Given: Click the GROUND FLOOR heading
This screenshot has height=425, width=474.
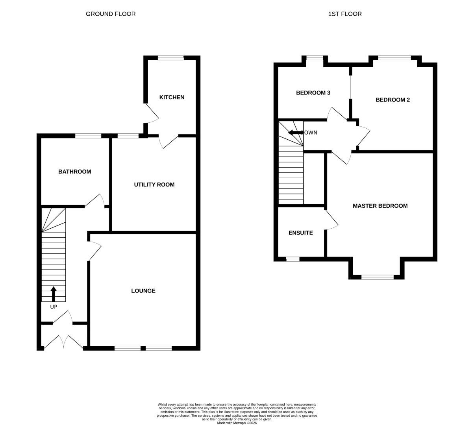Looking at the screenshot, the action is [111, 14].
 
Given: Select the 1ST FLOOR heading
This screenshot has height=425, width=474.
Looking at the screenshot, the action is [345, 14].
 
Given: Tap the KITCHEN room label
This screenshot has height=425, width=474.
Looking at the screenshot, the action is [172, 97].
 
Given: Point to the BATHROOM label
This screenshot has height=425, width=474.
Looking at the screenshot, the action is [75, 172].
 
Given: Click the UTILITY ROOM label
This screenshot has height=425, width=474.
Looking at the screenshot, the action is [154, 185].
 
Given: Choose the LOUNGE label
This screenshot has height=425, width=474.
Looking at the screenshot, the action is [143, 291].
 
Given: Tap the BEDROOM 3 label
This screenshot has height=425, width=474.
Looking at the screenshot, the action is [313, 93].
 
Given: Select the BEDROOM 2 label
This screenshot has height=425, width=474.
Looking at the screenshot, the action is [393, 100].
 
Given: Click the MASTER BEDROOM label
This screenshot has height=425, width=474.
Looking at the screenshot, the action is [380, 206].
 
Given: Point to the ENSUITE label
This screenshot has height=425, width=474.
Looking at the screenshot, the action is [301, 233].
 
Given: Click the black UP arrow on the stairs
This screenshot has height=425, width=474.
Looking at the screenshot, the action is [54, 294].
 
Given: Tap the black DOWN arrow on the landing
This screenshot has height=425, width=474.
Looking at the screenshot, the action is [296, 133].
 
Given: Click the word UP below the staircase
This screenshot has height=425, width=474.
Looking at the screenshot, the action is [54, 307].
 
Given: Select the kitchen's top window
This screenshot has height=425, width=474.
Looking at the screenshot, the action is [171, 57].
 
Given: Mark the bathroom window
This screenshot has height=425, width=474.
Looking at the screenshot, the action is [88, 136].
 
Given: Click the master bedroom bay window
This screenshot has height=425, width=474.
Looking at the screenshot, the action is [378, 277].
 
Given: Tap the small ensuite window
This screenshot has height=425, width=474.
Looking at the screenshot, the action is [293, 259].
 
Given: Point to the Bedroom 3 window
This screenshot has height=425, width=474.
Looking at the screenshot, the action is [315, 57].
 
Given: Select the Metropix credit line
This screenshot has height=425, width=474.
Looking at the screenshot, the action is [237, 423].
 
